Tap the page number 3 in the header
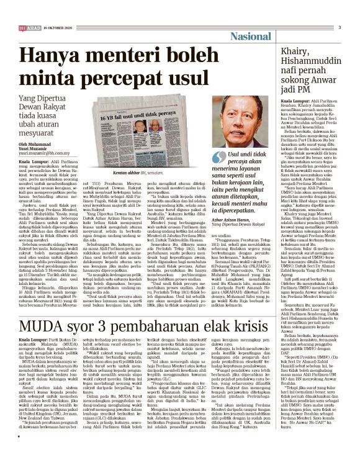[339, 27]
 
